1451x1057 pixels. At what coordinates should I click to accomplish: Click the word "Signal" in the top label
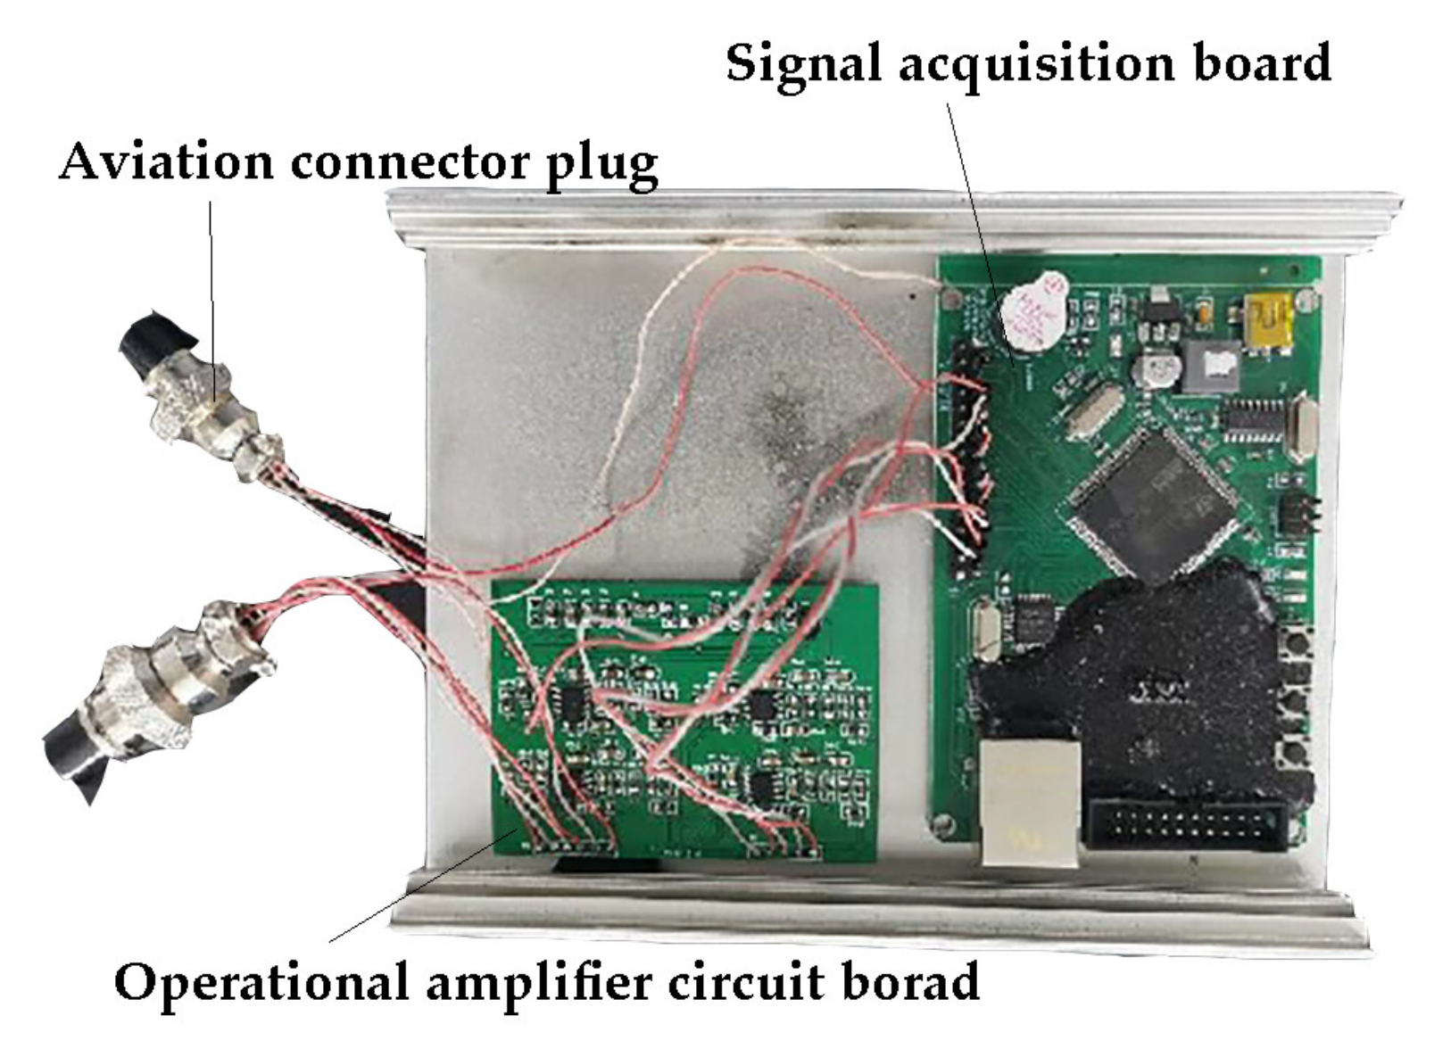(x=804, y=64)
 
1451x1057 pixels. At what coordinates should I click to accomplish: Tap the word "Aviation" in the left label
(x=166, y=163)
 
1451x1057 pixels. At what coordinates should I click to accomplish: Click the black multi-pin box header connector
(x=1186, y=825)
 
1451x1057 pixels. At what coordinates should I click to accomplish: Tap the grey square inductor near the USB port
(x=1210, y=366)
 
